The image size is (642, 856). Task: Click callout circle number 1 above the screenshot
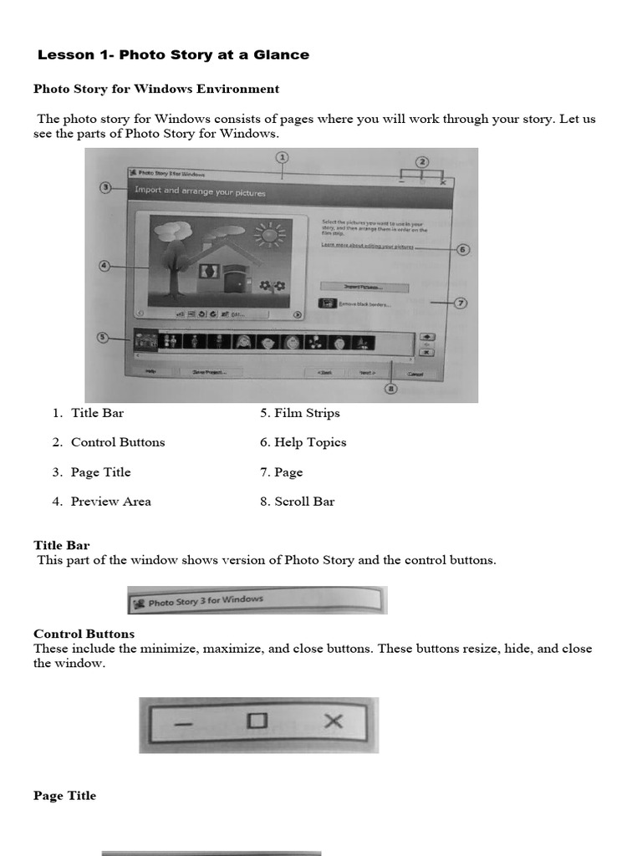[x=283, y=157]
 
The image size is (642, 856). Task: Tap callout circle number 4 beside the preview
[x=104, y=266]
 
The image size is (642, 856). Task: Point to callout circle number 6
[x=462, y=249]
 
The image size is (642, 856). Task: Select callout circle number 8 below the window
[x=391, y=389]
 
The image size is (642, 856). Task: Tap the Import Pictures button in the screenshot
[x=364, y=287]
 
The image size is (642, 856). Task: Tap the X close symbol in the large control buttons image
[x=333, y=721]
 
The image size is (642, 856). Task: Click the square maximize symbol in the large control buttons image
[x=257, y=721]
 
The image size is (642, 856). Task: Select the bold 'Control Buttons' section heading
[x=84, y=634]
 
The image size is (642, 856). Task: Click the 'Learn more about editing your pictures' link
[x=368, y=246]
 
